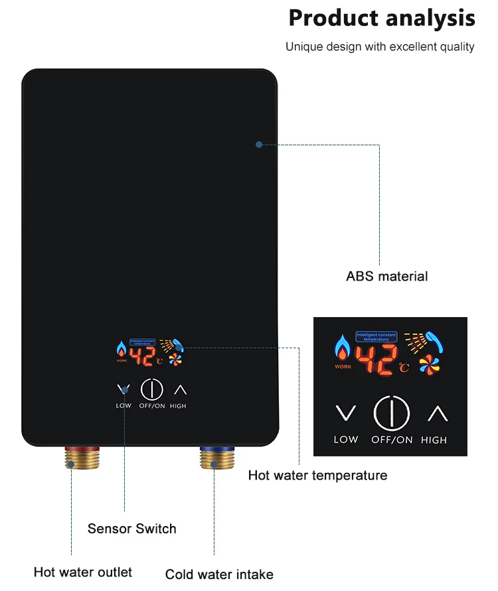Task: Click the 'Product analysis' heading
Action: click(x=382, y=19)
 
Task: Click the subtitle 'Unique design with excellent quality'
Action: click(x=380, y=47)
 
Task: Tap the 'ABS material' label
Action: click(x=387, y=277)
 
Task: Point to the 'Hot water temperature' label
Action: click(x=317, y=475)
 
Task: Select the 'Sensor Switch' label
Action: click(x=132, y=529)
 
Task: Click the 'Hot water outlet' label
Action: click(x=83, y=572)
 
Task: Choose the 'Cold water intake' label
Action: click(x=219, y=574)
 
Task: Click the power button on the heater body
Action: click(x=152, y=390)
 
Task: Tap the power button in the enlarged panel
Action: click(x=392, y=413)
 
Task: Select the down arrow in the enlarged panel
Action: click(x=345, y=413)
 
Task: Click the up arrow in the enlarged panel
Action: click(x=437, y=413)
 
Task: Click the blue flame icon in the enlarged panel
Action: click(x=343, y=349)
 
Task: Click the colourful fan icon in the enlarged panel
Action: click(x=429, y=365)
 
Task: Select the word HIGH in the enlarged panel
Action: click(x=434, y=440)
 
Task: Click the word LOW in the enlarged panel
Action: click(x=345, y=439)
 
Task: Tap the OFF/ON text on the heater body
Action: click(x=152, y=406)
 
